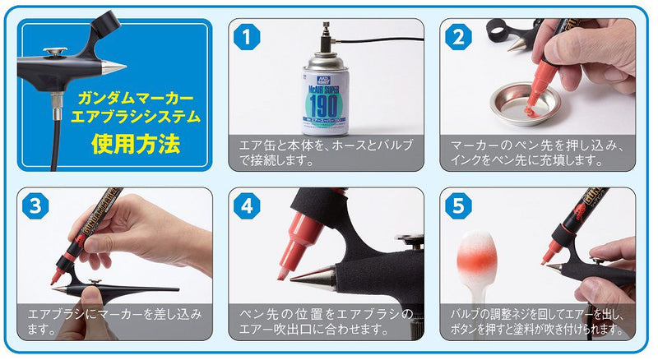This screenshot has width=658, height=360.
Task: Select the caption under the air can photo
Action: pyautogui.click(x=326, y=152)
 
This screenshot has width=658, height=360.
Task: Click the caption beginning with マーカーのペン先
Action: pyautogui.click(x=538, y=152)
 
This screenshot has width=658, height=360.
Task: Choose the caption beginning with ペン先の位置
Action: pyautogui.click(x=326, y=321)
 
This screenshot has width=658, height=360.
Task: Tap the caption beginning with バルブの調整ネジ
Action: pyautogui.click(x=538, y=321)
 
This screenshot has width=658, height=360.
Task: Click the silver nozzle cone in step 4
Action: pyautogui.click(x=311, y=276)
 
